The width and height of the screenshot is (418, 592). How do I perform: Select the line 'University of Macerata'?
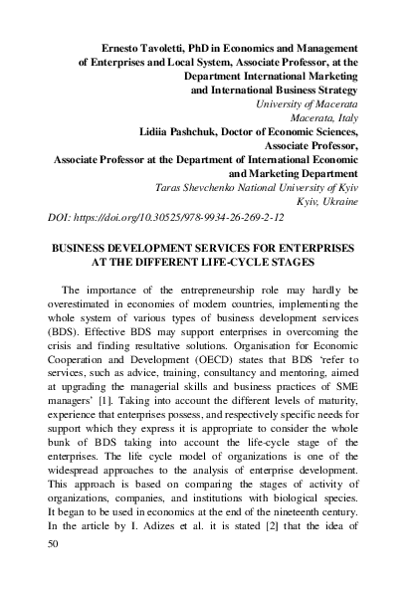point(311,103)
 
